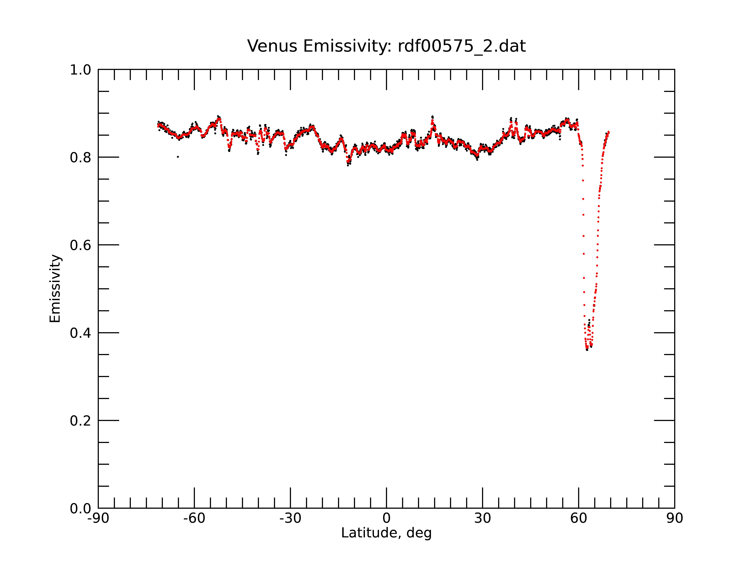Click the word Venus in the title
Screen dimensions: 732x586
[272, 46]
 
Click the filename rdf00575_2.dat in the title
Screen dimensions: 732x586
[462, 46]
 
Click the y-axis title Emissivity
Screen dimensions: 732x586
[55, 288]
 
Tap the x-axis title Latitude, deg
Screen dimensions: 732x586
[386, 533]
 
